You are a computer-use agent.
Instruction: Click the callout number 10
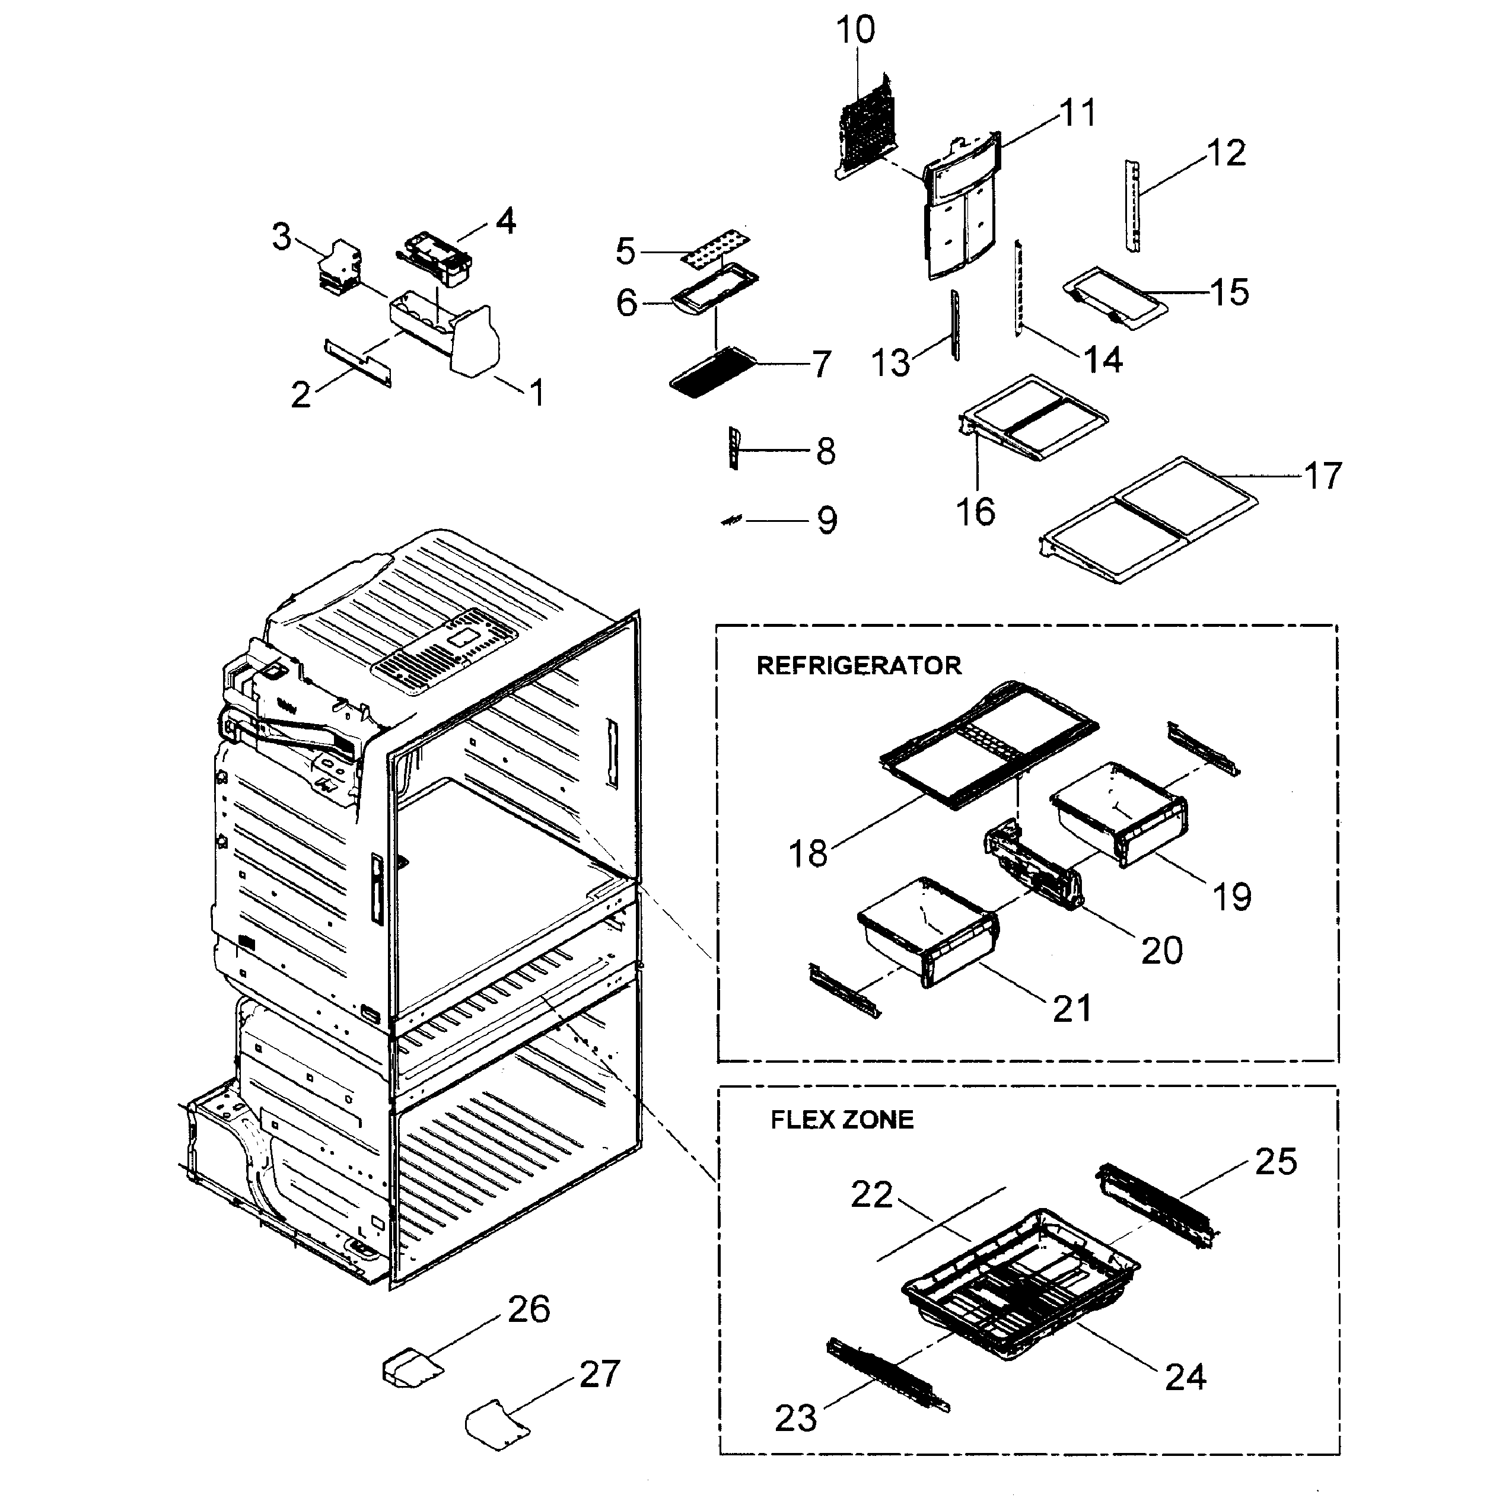click(855, 30)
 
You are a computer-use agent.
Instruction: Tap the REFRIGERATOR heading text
click(858, 666)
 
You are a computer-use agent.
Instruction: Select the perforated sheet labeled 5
click(711, 246)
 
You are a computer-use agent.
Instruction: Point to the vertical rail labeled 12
click(1132, 206)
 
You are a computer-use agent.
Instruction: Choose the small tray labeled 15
click(1115, 296)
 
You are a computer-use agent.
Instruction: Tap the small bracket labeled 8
click(733, 448)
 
